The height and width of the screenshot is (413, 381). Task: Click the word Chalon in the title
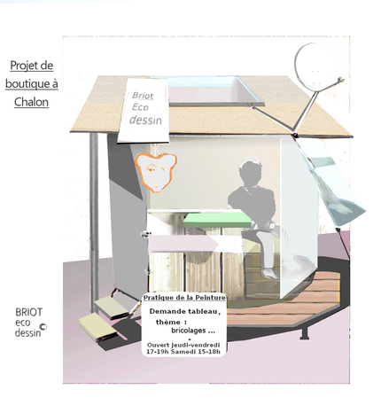[x=31, y=102]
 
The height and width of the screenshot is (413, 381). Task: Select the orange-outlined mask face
[x=155, y=172]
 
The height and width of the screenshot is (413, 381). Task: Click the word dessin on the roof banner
[x=145, y=120]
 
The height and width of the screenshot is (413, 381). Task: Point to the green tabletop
[x=217, y=220]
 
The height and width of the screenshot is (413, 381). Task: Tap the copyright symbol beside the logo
[x=43, y=326]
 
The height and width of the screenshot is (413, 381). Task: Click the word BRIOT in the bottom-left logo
[x=29, y=312]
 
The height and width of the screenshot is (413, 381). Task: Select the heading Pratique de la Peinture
[x=184, y=298]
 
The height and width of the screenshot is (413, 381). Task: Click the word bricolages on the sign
[x=189, y=331]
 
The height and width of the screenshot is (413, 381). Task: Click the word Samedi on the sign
[x=183, y=352]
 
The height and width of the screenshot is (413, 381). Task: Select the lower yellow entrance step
[x=97, y=327]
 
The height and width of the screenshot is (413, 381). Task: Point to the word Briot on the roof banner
[x=143, y=96]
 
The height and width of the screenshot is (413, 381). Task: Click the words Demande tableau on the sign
[x=184, y=311]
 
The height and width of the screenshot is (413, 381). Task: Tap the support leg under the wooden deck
[x=305, y=331]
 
